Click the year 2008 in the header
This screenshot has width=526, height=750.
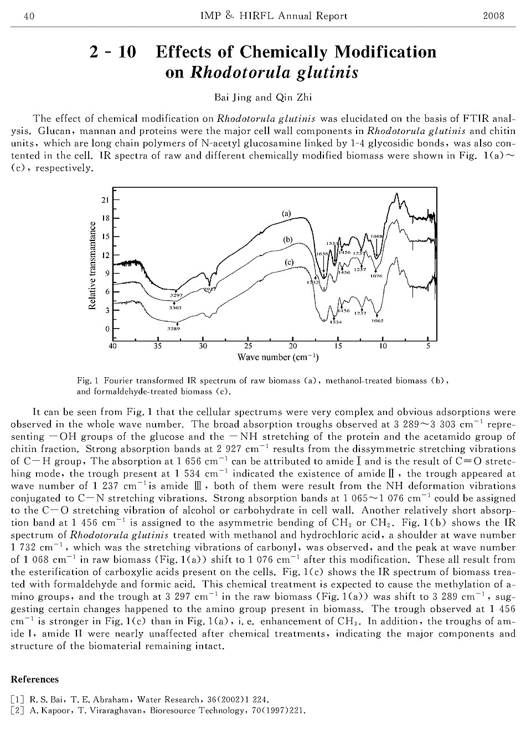tap(494, 16)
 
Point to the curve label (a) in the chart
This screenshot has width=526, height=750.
tap(286, 213)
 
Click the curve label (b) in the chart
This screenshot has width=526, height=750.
tap(287, 239)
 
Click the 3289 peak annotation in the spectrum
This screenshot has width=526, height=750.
tap(174, 328)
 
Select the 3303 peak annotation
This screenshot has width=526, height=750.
tap(176, 307)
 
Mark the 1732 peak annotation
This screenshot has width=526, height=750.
tap(312, 282)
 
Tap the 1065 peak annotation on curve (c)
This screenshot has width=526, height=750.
tap(378, 320)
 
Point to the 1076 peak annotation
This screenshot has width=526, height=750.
tap(377, 275)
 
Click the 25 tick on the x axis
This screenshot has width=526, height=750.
tap(248, 347)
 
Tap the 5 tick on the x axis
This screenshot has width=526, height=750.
tap(428, 347)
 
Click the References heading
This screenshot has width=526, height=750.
tap(34, 679)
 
